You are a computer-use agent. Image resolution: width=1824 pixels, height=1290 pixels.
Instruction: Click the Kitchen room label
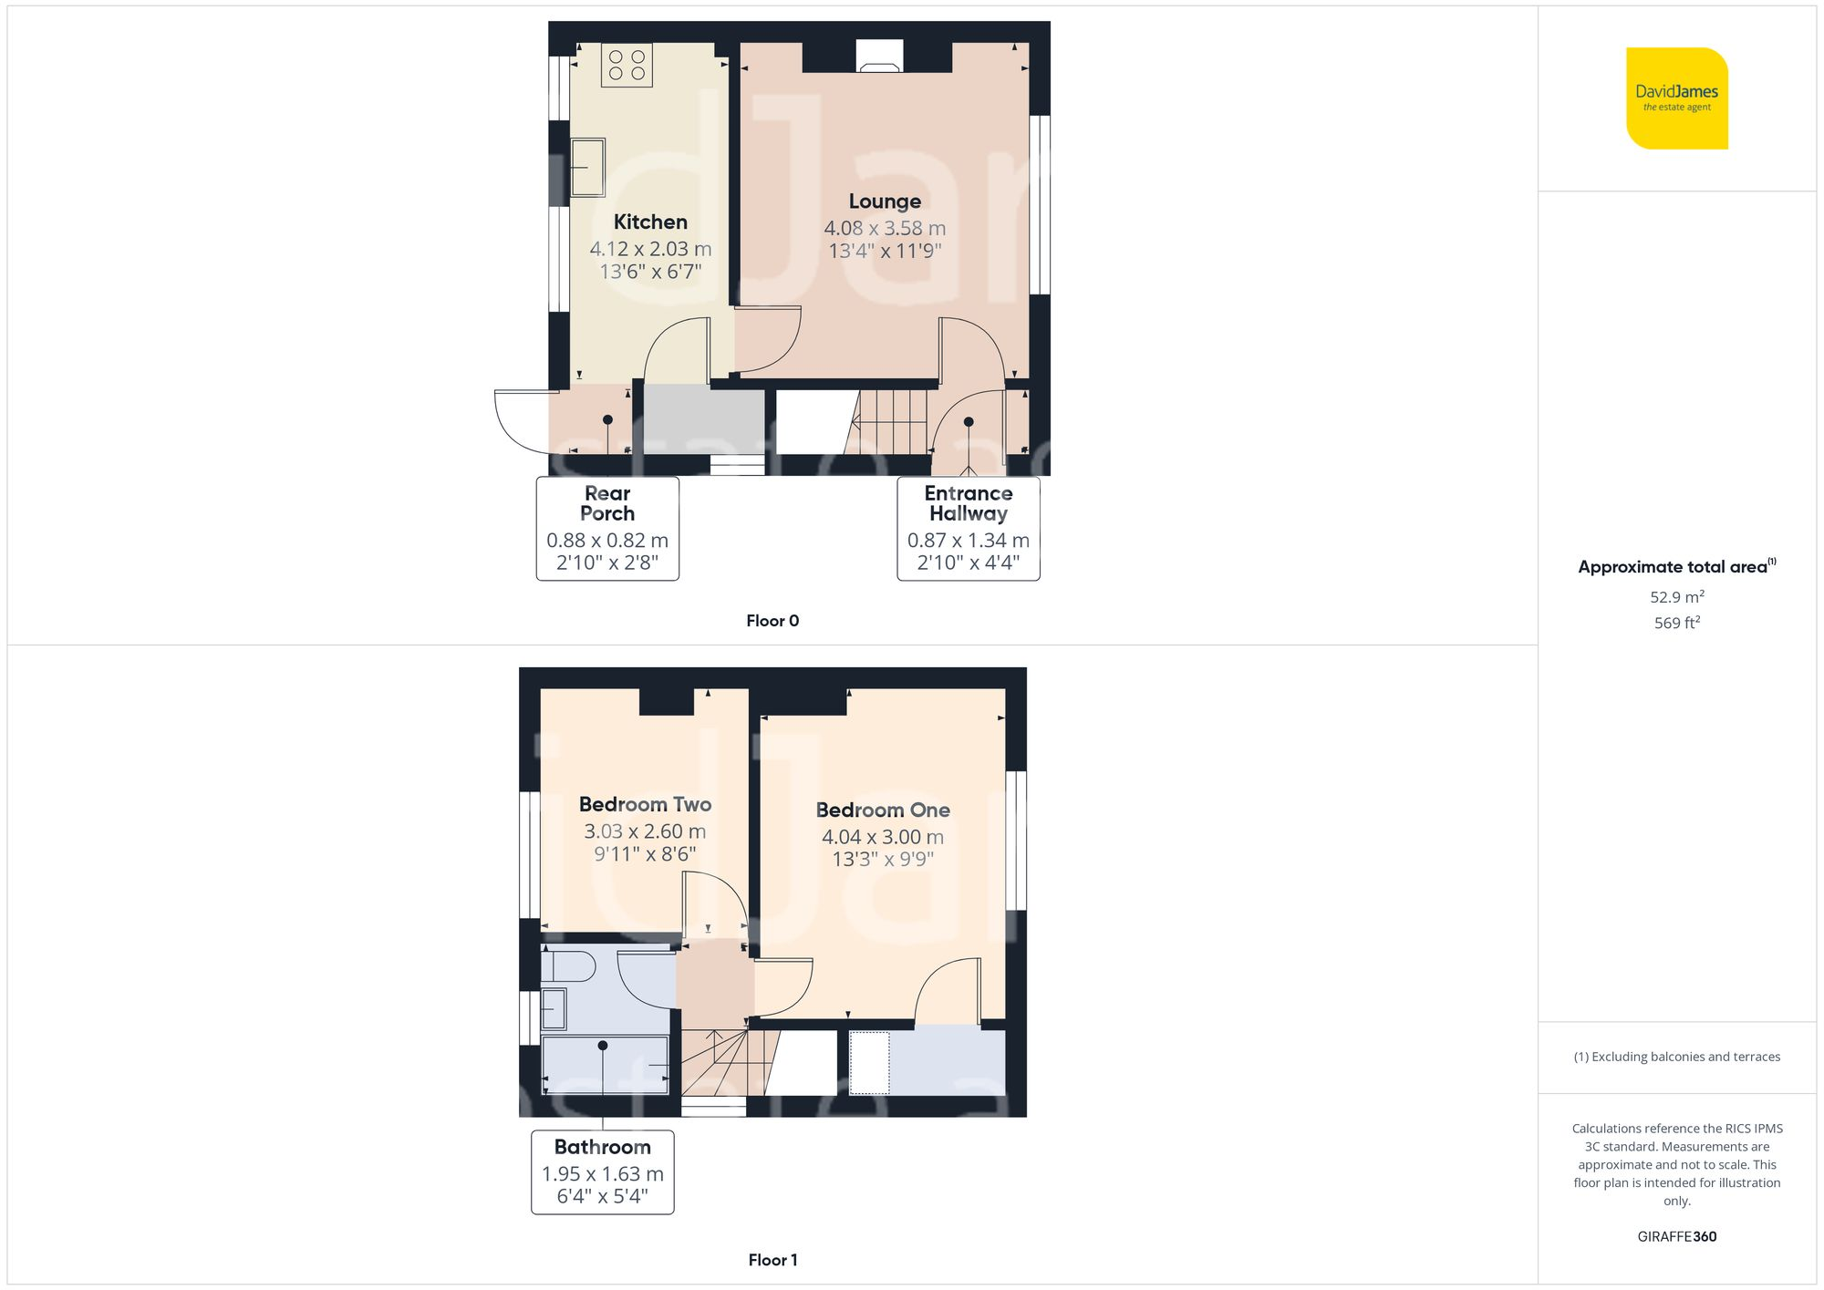pos(650,222)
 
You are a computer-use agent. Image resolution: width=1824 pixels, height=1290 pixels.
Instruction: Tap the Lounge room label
pos(885,201)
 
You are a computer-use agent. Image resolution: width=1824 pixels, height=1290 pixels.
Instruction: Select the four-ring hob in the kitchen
pos(627,65)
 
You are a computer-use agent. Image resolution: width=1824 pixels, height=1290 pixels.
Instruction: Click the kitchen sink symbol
pos(588,167)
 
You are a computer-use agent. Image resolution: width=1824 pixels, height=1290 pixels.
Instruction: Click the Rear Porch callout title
pos(607,503)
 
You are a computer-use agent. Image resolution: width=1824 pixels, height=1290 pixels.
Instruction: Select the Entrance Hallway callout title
pos(969,503)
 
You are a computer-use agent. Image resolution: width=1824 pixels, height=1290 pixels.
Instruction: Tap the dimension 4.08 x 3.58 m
pos(885,228)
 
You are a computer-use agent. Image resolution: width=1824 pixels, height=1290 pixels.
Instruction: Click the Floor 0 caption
pos(772,621)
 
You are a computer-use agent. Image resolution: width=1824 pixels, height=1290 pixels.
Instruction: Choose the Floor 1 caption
pos(772,1260)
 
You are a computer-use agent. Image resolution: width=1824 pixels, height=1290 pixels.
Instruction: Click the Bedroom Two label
pos(645,804)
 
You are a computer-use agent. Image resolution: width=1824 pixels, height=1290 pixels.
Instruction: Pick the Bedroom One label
pos(883,810)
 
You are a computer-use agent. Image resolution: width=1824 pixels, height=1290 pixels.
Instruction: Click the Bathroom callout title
pos(603,1147)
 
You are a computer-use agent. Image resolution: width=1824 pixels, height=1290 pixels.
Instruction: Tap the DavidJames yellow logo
pos(1677,98)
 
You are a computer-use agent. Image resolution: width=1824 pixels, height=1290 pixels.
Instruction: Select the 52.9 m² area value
pos(1677,597)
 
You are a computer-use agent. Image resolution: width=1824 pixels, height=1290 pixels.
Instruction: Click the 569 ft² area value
pos(1677,623)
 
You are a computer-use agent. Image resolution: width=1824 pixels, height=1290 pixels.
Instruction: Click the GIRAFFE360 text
pos(1677,1237)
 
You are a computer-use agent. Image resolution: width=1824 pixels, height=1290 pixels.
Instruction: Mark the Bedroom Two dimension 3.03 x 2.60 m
pos(645,831)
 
